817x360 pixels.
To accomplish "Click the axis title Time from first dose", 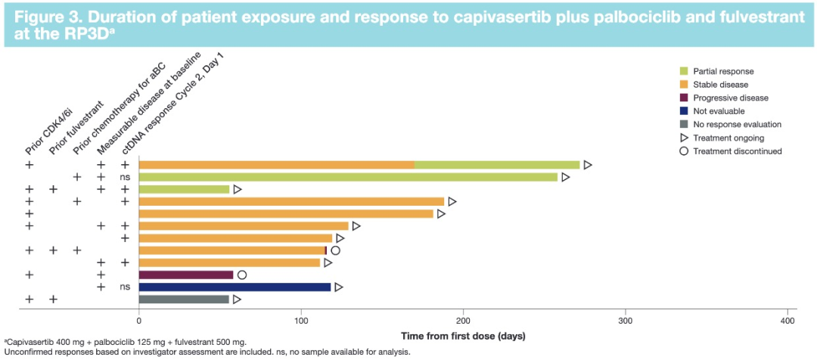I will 462,335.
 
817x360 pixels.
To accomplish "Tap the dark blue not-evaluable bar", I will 235,287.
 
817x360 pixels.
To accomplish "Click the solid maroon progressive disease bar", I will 186,275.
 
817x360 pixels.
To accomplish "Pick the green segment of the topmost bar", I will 497,165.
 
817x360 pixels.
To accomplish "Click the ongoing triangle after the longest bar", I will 587,165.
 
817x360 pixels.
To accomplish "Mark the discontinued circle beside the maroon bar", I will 241,275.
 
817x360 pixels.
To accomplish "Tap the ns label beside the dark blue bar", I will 125,287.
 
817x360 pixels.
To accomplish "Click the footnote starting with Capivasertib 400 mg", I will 125,343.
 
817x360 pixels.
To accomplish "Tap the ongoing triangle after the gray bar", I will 237,299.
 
